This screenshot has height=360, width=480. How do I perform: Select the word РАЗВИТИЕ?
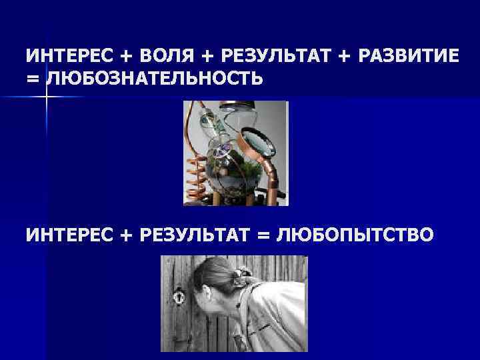[x=408, y=56]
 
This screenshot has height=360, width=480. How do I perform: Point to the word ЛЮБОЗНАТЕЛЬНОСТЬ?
[x=154, y=79]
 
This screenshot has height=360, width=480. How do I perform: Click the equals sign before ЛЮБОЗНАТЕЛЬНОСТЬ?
[x=32, y=80]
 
